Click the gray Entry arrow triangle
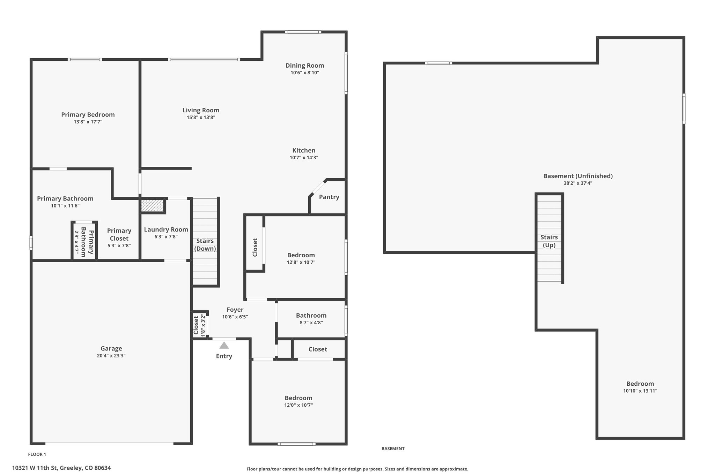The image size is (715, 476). [x=224, y=345]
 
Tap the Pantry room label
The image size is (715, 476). [x=329, y=197]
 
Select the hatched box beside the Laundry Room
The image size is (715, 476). [x=153, y=205]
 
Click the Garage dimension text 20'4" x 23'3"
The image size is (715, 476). [x=111, y=356]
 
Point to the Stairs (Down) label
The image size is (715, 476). [x=205, y=245]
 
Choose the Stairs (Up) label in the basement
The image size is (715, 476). [x=549, y=241]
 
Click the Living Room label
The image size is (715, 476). [x=201, y=110]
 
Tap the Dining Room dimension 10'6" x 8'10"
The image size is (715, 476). [x=305, y=73]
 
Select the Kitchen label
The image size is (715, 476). [x=304, y=150]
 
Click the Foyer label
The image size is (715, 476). [x=235, y=310]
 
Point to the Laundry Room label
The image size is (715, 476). [x=166, y=229]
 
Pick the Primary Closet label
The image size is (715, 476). [x=119, y=235]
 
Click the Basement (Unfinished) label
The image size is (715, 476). [x=578, y=176]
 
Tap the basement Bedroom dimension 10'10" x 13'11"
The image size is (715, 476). [x=640, y=391]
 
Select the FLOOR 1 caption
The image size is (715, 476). [x=37, y=454]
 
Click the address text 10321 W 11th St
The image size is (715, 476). [x=34, y=468]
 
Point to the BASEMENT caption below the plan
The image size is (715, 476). [x=393, y=449]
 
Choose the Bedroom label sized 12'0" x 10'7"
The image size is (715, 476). [x=298, y=398]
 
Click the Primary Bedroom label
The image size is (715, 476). [x=88, y=115]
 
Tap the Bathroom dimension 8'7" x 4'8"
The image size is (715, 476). [x=311, y=323]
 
